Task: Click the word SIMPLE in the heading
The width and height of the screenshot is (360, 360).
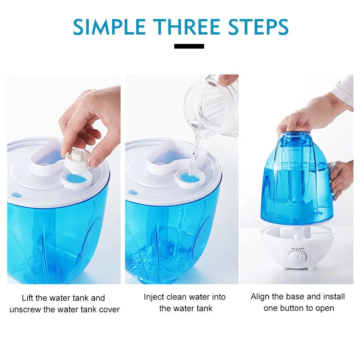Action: click(109, 27)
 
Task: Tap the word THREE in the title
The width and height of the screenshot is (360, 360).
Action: click(186, 27)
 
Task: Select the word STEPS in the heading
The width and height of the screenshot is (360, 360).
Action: click(258, 27)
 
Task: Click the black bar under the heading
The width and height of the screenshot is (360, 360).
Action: click(189, 46)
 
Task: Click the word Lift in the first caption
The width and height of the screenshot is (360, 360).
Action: click(28, 298)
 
